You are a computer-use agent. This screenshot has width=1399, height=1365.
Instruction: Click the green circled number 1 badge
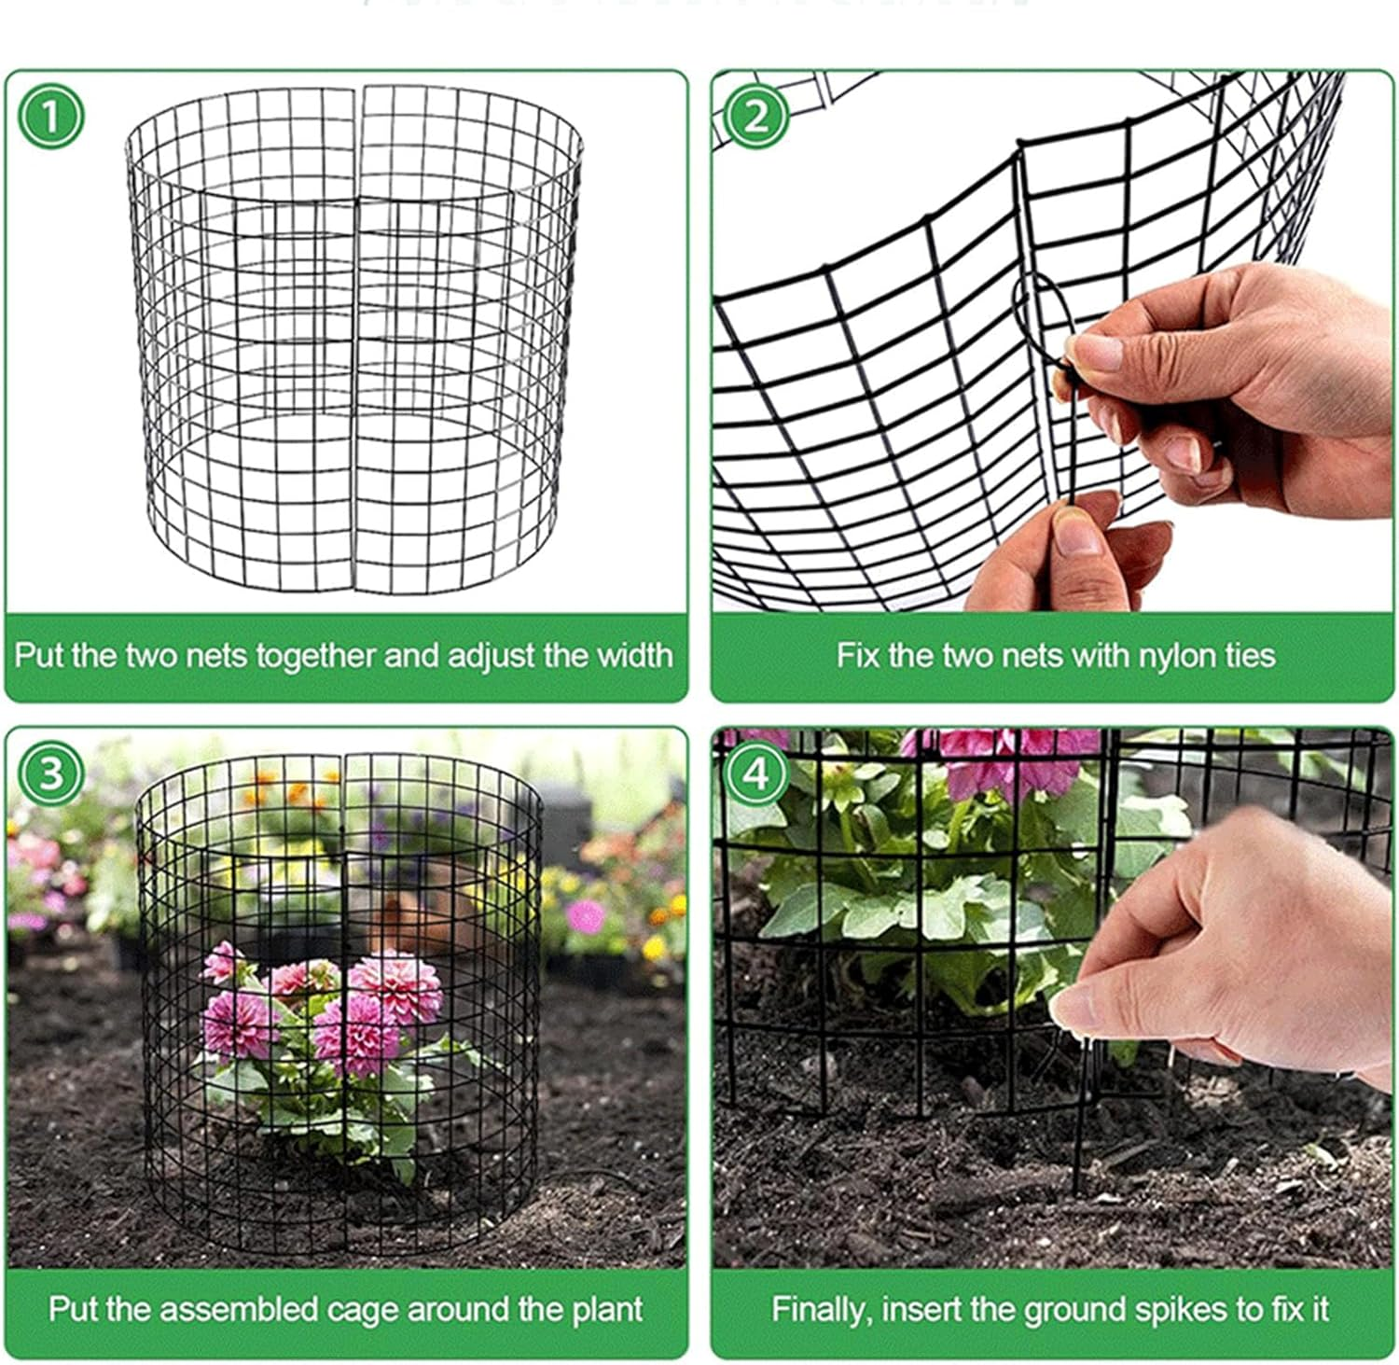[51, 117]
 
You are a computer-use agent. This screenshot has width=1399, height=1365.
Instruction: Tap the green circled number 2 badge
[755, 117]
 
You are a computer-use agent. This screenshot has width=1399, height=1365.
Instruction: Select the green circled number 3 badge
[50, 773]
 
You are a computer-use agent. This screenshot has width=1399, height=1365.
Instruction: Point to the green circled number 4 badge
[755, 773]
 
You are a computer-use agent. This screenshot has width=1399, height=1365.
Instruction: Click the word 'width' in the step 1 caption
[634, 655]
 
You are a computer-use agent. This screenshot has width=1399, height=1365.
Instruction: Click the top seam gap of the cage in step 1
[358, 93]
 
